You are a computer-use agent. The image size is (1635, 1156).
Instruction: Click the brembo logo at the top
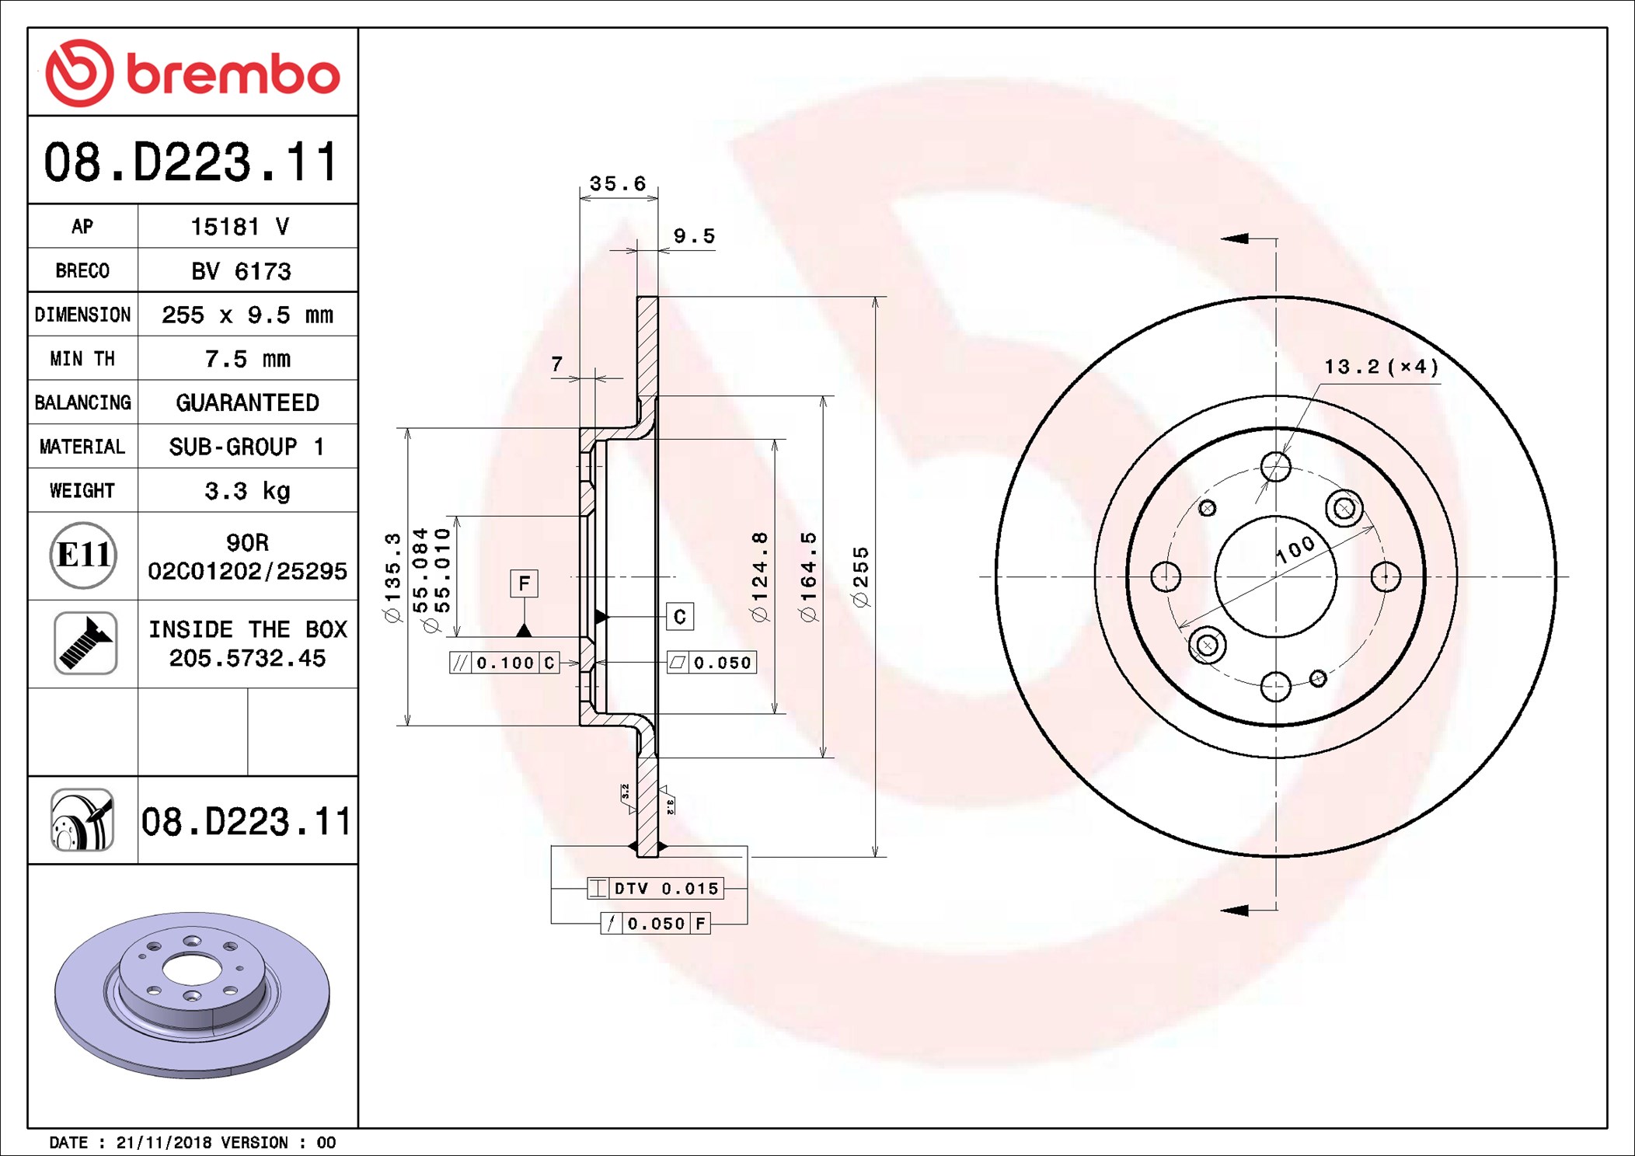coord(193,73)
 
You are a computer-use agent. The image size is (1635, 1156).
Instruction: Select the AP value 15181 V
coord(240,227)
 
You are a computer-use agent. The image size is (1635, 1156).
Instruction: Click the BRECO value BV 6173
coord(241,271)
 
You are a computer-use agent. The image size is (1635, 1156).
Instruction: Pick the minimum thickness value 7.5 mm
coord(247,359)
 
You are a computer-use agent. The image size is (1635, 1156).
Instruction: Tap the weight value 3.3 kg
coord(247,491)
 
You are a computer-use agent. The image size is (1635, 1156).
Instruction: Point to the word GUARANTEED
coord(247,402)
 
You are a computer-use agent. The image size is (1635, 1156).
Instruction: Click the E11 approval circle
coord(83,555)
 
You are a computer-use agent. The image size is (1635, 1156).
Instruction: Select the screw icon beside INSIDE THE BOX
coord(85,643)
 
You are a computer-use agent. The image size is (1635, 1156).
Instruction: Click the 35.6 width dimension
coord(618,184)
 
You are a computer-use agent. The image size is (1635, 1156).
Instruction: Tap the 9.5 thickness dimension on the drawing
coord(694,236)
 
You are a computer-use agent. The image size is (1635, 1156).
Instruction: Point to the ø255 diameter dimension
coord(860,577)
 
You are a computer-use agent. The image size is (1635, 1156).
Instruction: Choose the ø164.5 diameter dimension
coord(808,577)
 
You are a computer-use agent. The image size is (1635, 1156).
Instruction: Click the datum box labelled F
coord(525,583)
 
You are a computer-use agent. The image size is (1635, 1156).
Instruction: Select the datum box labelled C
coord(680,617)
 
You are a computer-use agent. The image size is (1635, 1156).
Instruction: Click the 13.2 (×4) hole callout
coord(1382,367)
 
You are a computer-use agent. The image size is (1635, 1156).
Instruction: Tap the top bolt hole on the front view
coord(1276,467)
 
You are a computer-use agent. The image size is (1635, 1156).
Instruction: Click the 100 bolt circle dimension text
coord(1295,549)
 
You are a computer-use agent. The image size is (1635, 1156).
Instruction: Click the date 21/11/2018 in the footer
coord(163,1143)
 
